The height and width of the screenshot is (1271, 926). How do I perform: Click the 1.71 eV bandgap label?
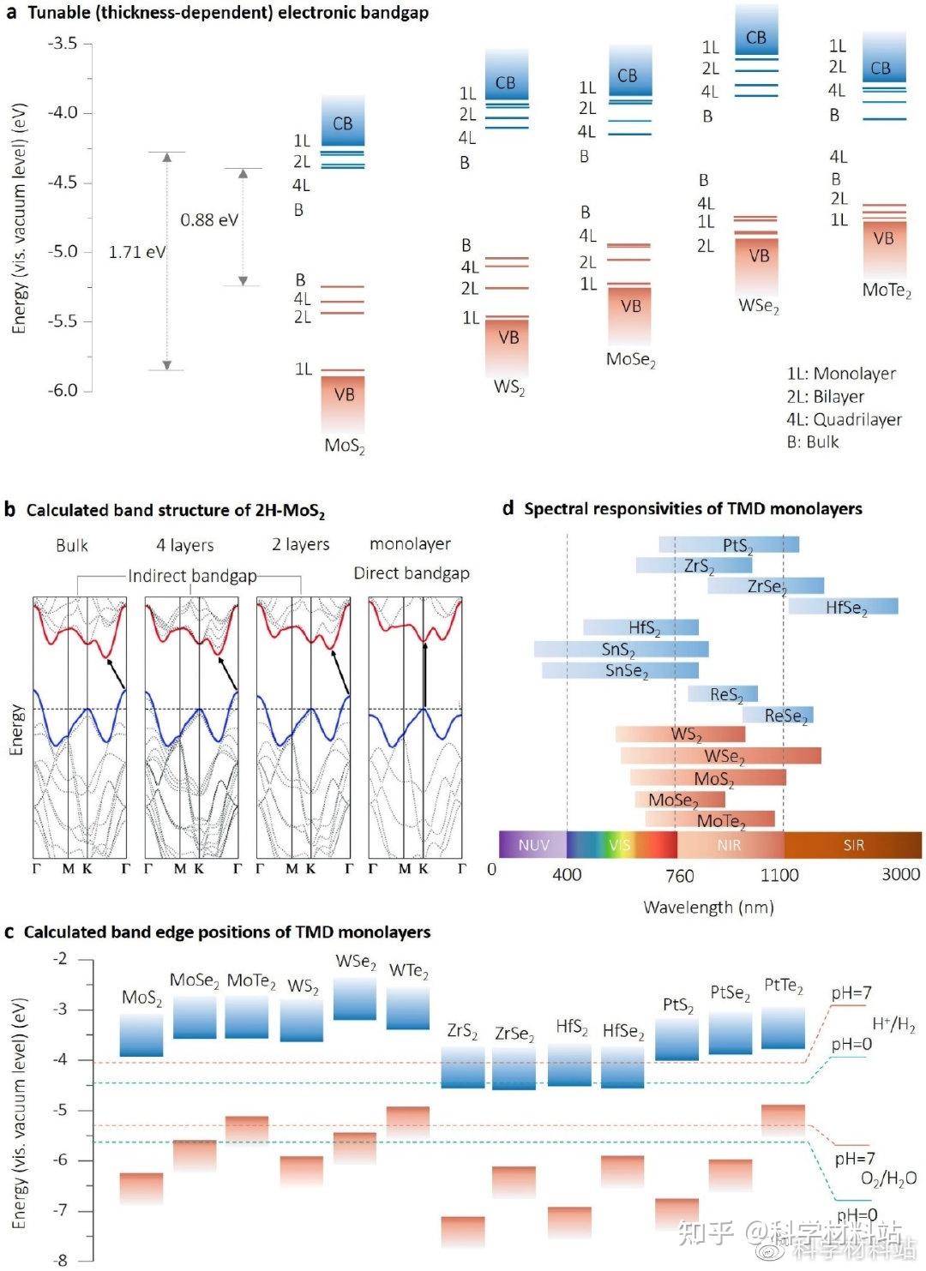pos(136,252)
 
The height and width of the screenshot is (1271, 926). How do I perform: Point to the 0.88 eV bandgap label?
pos(208,220)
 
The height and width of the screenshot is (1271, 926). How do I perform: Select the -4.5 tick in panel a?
pos(62,183)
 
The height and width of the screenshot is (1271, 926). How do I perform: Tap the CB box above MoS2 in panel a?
pos(343,123)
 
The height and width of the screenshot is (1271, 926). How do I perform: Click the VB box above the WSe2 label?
pos(759,256)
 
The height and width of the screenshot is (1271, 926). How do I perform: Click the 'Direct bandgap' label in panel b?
pos(412,573)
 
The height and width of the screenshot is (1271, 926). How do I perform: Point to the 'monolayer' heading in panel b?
pos(410,543)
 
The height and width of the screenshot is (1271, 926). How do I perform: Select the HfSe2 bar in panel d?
pos(844,607)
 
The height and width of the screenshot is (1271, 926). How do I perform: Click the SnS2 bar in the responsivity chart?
pos(621,649)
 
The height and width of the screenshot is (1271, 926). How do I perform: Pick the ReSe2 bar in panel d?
pos(779,715)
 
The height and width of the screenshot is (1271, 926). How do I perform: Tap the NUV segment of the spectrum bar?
pos(533,845)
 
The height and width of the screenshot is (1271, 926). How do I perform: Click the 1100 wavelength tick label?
pos(779,875)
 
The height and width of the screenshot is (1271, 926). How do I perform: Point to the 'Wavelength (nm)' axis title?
pos(708,907)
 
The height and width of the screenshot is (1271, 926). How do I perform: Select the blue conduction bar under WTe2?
pos(408,1008)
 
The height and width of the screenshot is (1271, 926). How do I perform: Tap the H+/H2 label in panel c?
pos(893,1023)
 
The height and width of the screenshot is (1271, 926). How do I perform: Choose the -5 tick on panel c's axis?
pos(60,1110)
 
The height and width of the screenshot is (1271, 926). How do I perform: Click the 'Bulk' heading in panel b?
pos(72,545)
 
